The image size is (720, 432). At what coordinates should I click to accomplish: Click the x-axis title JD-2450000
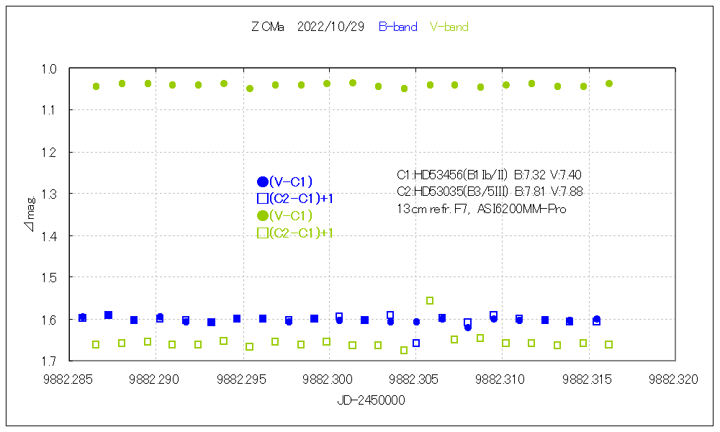[x=371, y=400]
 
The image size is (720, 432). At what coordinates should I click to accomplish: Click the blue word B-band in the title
[x=397, y=27]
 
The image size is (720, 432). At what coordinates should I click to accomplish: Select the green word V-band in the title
[x=449, y=27]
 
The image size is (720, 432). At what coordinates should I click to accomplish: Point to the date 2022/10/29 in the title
[x=330, y=27]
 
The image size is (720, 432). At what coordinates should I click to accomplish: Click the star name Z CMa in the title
[x=268, y=27]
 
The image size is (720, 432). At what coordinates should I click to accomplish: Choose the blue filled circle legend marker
[x=263, y=182]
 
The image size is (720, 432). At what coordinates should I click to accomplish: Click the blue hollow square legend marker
[x=263, y=199]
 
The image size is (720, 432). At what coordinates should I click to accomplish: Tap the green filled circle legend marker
[x=263, y=216]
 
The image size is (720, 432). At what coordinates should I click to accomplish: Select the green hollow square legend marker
[x=263, y=233]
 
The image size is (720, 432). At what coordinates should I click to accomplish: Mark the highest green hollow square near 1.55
[x=430, y=301]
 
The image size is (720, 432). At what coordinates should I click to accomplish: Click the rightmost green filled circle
[x=609, y=84]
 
